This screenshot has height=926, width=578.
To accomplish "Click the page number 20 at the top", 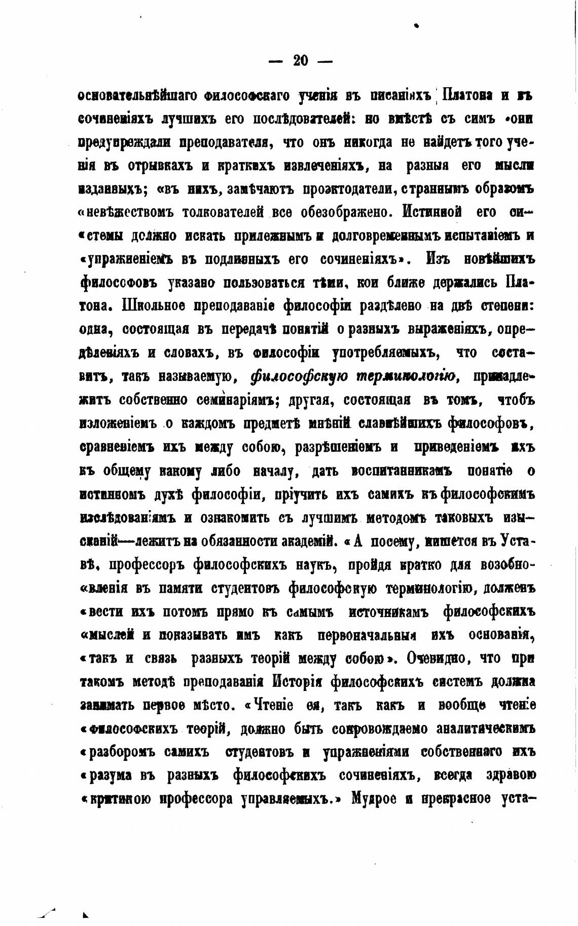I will [x=301, y=61].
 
